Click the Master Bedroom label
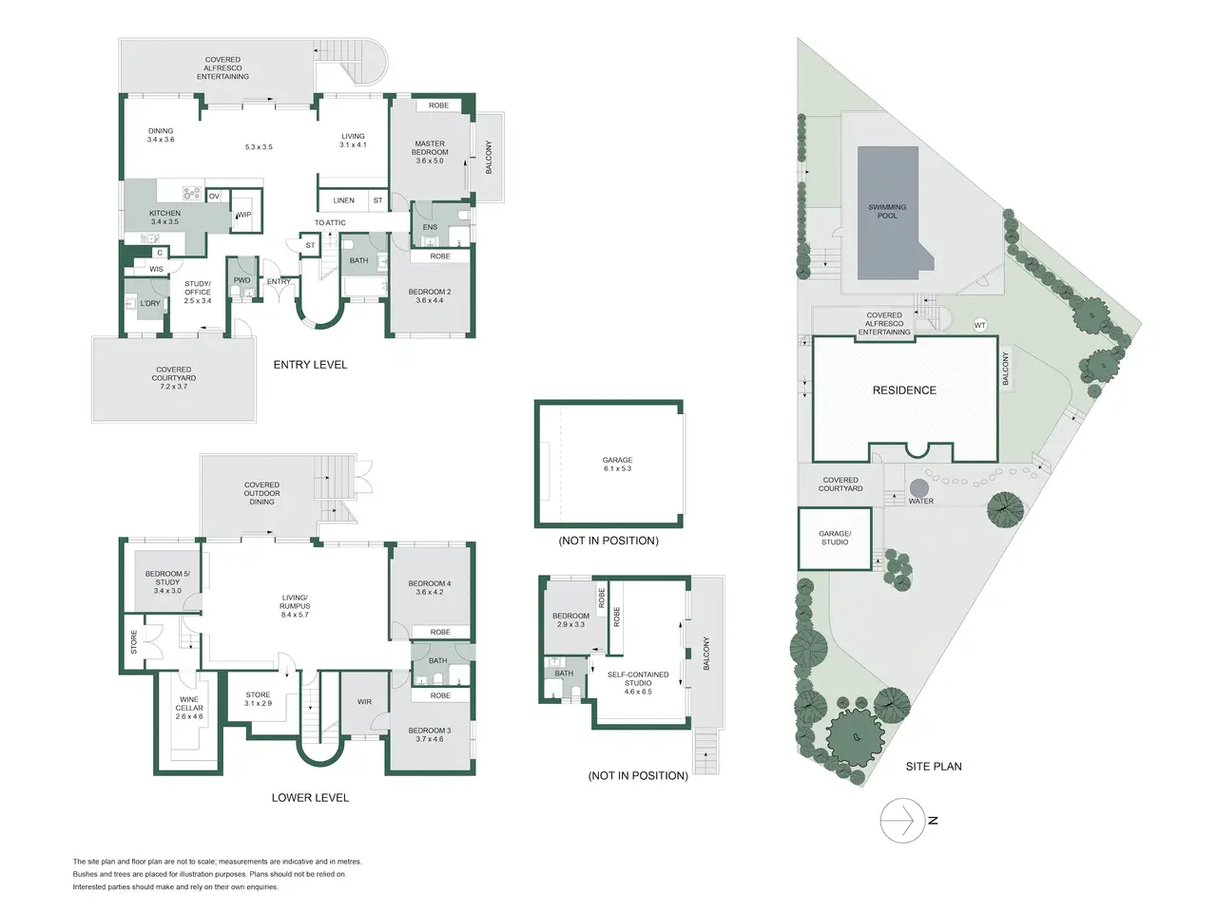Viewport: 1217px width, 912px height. pos(430,152)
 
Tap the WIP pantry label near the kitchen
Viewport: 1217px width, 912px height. pos(244,215)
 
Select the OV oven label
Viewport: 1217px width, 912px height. pos(214,196)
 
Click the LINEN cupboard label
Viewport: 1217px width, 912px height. pos(344,200)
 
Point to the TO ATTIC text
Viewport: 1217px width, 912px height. pos(330,222)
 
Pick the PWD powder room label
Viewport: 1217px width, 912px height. pos(241,280)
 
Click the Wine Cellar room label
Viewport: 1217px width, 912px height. pos(189,708)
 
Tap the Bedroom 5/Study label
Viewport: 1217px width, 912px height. pos(167,582)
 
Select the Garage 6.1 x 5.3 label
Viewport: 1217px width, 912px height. pos(617,464)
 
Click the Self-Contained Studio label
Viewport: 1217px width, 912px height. pos(638,683)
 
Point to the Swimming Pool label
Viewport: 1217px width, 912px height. pos(887,212)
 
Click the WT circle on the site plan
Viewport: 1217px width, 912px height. pos(979,325)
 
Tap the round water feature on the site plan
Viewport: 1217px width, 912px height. pos(918,488)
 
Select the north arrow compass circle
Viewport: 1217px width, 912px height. pos(902,820)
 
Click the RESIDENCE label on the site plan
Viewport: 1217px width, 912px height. pos(904,390)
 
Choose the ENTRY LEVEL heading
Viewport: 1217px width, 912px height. pos(310,365)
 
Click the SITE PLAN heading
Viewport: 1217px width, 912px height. pos(934,767)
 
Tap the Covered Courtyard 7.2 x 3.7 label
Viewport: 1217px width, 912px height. pos(174,378)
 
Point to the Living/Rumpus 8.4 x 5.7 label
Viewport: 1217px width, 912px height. pos(295,606)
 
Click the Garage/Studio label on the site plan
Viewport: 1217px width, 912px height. pos(835,538)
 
